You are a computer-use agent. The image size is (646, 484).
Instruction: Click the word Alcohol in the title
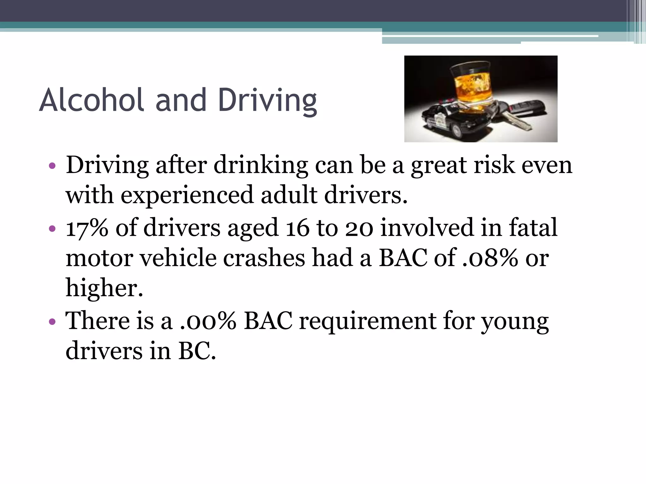coord(92,100)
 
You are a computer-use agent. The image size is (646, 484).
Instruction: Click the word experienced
coord(187,195)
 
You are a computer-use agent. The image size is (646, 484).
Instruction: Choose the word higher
coord(104,288)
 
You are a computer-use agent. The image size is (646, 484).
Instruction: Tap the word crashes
coord(264,258)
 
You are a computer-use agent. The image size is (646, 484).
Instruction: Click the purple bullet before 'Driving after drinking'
coord(52,166)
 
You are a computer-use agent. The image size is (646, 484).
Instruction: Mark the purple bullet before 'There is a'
coord(52,322)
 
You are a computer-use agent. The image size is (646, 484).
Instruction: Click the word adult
coord(289,195)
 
